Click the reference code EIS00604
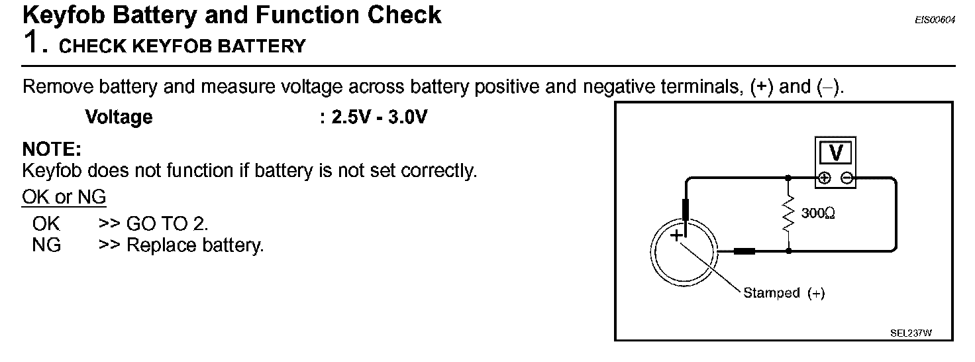pyautogui.click(x=935, y=21)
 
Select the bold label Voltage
pyautogui.click(x=119, y=117)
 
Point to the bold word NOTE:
pyautogui.click(x=52, y=149)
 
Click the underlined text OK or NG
pyautogui.click(x=64, y=197)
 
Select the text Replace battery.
pyautogui.click(x=195, y=245)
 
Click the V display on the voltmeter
pyautogui.click(x=836, y=153)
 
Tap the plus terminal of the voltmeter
pyautogui.click(x=824, y=178)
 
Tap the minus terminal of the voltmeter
pyautogui.click(x=847, y=178)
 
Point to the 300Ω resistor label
pyautogui.click(x=817, y=214)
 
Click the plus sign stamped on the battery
pyautogui.click(x=676, y=236)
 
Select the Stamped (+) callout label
pyautogui.click(x=784, y=293)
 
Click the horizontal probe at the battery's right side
pyautogui.click(x=744, y=251)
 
